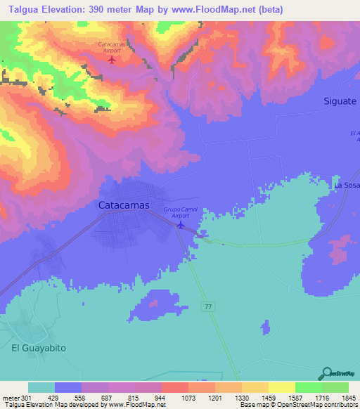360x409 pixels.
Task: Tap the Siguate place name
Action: pos(340,101)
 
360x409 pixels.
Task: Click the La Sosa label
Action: pos(347,185)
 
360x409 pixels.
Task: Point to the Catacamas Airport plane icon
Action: pos(111,59)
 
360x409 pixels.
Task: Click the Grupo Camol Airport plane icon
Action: pos(181,225)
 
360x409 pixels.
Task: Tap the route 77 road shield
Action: pos(207,306)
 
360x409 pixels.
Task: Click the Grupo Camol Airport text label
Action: pos(181,213)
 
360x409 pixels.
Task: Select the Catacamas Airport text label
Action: pos(111,48)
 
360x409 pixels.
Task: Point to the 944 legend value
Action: pos(149,398)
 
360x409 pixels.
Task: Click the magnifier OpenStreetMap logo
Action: pos(326,374)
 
